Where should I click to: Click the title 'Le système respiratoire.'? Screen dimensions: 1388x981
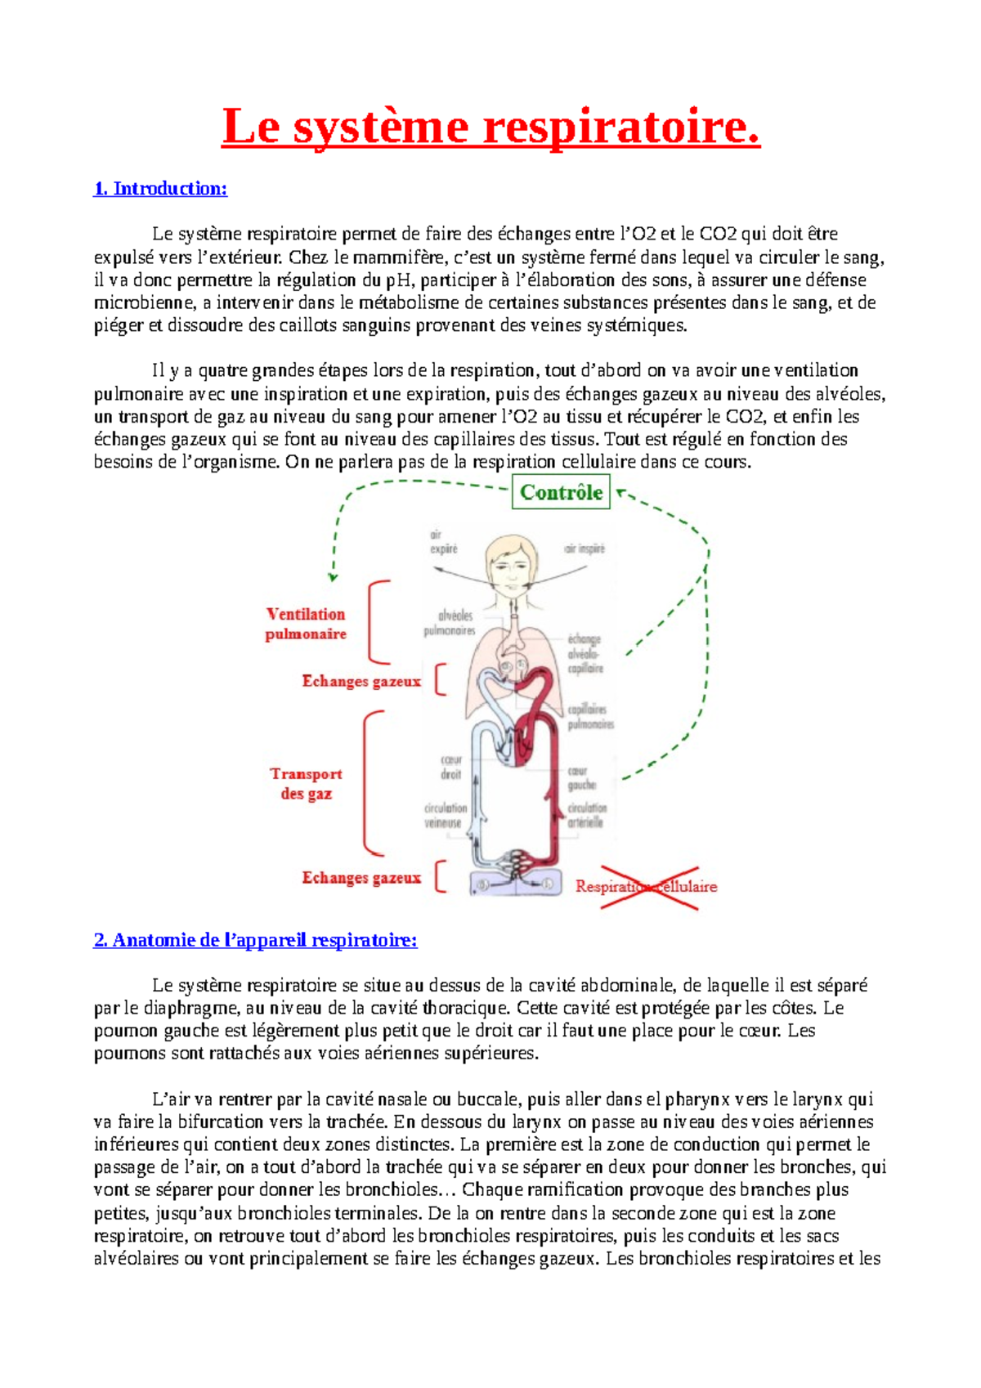(490, 128)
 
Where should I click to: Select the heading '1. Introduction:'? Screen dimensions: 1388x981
(160, 189)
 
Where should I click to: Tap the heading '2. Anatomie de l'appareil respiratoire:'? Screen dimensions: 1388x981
(255, 940)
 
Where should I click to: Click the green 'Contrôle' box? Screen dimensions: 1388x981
(561, 493)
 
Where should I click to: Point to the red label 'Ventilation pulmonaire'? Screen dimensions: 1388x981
(306, 624)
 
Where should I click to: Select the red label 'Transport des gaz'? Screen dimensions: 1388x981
(306, 783)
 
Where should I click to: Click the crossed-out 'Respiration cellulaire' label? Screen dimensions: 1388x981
(646, 887)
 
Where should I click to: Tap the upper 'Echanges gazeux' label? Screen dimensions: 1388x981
(361, 681)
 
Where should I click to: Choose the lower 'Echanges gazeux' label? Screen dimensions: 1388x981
(361, 878)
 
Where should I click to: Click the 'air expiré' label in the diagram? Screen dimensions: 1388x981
(443, 543)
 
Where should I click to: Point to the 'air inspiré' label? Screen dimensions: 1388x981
(585, 548)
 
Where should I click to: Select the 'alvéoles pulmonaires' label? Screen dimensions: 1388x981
(450, 623)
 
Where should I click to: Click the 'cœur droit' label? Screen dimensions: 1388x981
(450, 767)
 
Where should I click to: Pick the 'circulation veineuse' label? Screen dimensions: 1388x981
(444, 815)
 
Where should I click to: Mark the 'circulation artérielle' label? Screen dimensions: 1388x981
(587, 815)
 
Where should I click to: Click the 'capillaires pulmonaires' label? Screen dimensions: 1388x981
(589, 716)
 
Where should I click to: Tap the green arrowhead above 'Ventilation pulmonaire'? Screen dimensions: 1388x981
(333, 577)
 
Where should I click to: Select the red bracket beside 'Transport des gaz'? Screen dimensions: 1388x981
(370, 782)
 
